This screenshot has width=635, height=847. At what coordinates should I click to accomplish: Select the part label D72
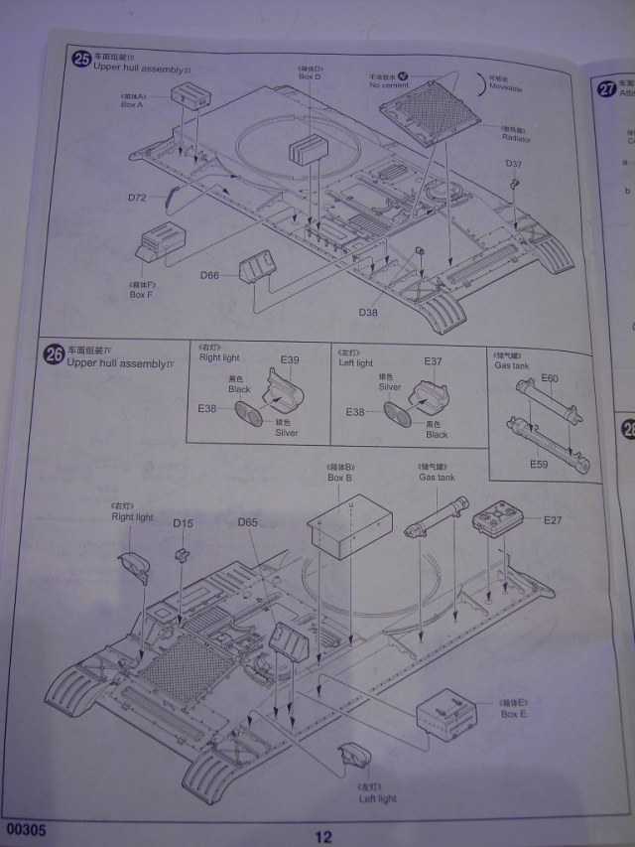tap(138, 198)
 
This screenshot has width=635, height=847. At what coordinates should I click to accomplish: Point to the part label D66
tap(209, 274)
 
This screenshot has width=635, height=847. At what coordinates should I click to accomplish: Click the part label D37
tap(513, 163)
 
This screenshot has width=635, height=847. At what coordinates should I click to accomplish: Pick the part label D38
tap(368, 312)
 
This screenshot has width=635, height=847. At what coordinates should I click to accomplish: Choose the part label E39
tap(290, 359)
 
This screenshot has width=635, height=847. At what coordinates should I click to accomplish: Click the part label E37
tap(434, 360)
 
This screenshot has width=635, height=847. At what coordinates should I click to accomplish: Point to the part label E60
tap(551, 377)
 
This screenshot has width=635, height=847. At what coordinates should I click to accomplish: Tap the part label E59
tap(540, 463)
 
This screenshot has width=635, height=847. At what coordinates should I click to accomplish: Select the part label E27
tap(552, 519)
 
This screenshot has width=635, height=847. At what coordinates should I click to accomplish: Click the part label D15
tap(183, 522)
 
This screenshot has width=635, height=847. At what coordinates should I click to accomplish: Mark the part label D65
tap(248, 522)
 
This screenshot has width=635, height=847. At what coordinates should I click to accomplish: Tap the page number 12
tap(324, 836)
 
